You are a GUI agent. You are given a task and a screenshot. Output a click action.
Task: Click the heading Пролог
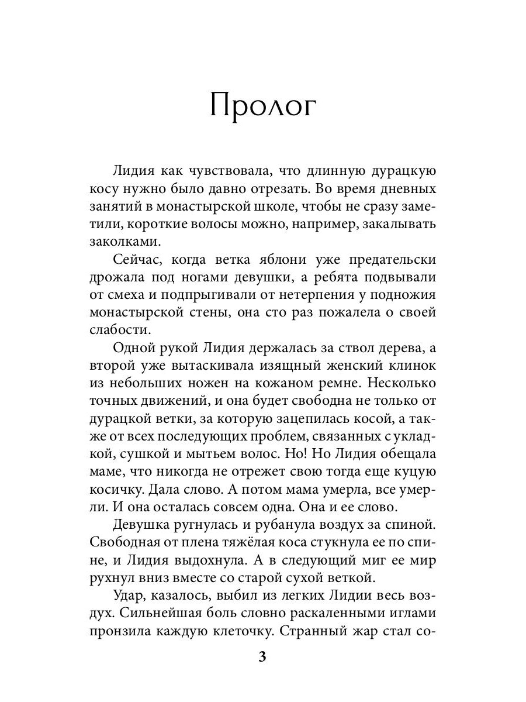[x=262, y=108]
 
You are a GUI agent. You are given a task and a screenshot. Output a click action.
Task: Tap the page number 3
[x=262, y=656]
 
